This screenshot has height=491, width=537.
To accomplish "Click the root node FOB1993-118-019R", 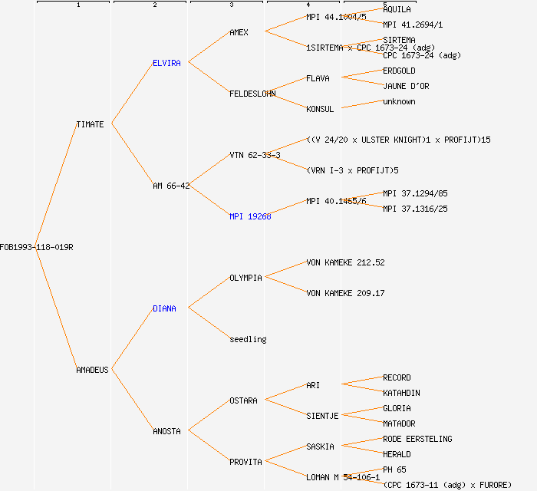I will click(x=37, y=247).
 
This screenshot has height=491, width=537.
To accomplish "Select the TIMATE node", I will click(x=90, y=124).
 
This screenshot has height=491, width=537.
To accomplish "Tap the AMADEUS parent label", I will click(x=92, y=370).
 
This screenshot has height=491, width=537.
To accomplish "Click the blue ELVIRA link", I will click(x=166, y=63).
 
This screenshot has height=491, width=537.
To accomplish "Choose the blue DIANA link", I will click(x=164, y=308).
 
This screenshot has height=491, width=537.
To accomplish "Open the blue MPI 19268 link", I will click(x=250, y=216).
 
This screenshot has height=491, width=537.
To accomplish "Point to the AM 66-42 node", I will click(x=171, y=186).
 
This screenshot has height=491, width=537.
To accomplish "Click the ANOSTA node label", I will click(x=166, y=431).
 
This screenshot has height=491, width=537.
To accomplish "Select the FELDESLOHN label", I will click(x=252, y=94).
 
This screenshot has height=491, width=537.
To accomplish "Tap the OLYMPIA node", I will click(x=245, y=278).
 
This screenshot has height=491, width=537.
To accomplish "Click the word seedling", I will click(x=248, y=339).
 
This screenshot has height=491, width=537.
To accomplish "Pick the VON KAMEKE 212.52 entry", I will click(x=345, y=262).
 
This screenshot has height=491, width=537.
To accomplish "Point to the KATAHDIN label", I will click(x=401, y=393).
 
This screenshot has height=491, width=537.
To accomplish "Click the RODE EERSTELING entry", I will click(x=417, y=439).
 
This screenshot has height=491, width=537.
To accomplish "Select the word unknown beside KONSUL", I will click(x=399, y=101).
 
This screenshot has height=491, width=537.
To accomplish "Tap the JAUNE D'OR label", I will click(x=406, y=86).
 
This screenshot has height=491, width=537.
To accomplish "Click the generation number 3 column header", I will click(x=231, y=5).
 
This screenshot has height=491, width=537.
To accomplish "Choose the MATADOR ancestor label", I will click(x=399, y=423).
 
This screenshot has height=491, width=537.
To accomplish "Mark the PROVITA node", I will click(x=245, y=462).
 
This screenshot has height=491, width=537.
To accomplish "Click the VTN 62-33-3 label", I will click(x=255, y=155).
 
